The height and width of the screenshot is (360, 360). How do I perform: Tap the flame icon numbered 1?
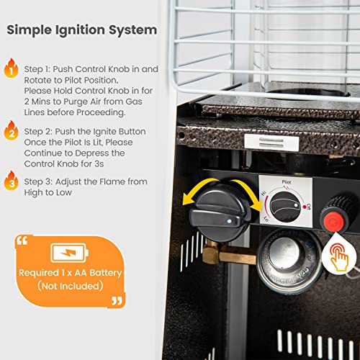coord(10,69)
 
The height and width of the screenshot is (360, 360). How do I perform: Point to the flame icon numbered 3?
coord(10,182)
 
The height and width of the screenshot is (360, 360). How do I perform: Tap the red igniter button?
coord(332,216)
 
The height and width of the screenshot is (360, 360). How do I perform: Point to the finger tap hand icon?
coord(338,258)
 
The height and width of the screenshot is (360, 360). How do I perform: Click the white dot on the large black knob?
coord(229,224)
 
